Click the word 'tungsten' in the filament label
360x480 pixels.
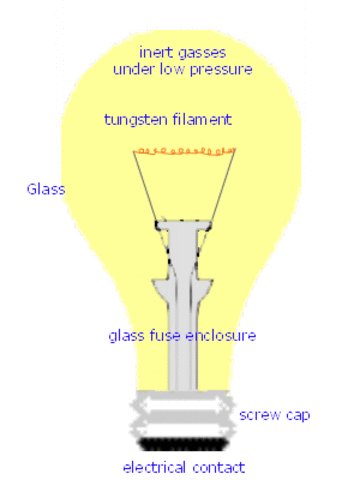132,120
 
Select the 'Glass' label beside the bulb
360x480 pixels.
46,187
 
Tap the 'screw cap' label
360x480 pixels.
266,414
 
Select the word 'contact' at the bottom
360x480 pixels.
220,467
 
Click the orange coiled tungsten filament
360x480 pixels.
185,152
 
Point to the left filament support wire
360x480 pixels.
148,185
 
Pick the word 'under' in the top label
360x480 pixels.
134,70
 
